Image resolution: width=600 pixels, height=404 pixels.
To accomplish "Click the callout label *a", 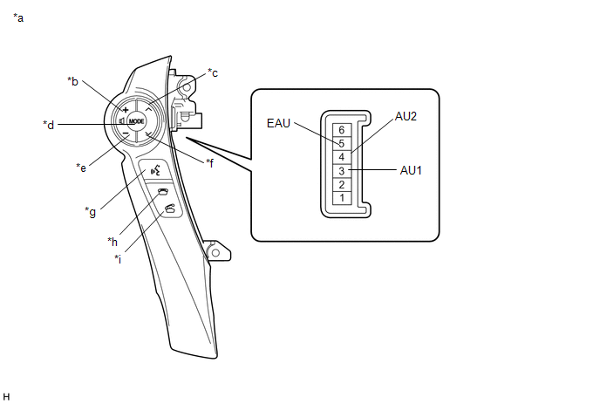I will click(18, 17).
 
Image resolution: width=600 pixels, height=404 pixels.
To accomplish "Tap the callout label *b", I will click(73, 81).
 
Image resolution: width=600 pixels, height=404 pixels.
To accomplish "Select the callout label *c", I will click(213, 73).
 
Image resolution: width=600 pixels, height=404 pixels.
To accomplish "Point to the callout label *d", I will click(49, 125).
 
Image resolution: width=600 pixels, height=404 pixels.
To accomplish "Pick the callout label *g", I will click(91, 210).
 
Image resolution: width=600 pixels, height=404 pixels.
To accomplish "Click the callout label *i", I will click(118, 258).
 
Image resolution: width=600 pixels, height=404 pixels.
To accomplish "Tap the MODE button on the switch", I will click(136, 122).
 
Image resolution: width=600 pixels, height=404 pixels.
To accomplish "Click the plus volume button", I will click(126, 111).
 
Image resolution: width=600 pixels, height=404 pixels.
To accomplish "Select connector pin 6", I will click(343, 129).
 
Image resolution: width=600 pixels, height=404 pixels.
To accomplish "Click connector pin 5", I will click(343, 143).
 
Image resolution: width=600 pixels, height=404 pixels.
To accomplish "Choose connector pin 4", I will click(343, 157).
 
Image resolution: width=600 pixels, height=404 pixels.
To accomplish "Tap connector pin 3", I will click(343, 171).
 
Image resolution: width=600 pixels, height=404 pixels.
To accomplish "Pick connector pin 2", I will click(343, 185).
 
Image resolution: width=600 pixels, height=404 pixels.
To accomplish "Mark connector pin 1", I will click(343, 198).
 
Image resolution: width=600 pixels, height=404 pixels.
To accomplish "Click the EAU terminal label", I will click(278, 124).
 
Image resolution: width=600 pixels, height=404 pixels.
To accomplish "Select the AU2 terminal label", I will click(406, 116).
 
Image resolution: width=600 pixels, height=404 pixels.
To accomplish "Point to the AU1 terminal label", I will click(411, 170).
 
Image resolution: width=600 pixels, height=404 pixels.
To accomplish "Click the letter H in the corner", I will click(7, 396).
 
